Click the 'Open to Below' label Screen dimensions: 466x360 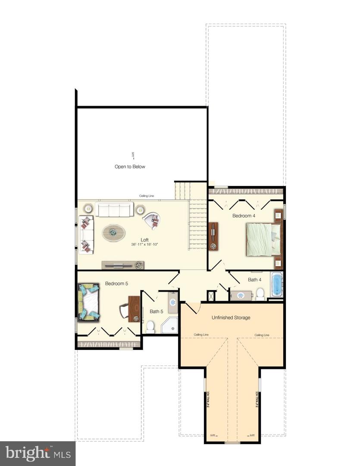pos(130,167)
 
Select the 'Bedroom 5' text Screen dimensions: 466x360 pos(116,284)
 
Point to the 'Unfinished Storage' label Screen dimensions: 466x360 pos(231,318)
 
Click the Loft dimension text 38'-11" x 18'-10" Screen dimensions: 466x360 pos(145,245)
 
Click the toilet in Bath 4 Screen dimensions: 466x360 pos(260,294)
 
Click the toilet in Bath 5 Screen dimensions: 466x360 pos(150,327)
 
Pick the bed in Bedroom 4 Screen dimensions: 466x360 pos(261,240)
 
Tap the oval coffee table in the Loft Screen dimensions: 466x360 pos(114,233)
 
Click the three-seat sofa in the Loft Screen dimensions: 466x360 pos(114,210)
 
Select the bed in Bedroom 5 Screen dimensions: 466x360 pos(89,301)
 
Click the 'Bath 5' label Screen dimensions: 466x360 pos(156,311)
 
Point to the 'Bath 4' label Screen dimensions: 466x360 pos(254,280)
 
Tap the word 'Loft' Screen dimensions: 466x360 pos(145,240)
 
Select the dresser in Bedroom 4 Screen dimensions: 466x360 pos(213,236)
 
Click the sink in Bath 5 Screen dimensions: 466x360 pos(173,302)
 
